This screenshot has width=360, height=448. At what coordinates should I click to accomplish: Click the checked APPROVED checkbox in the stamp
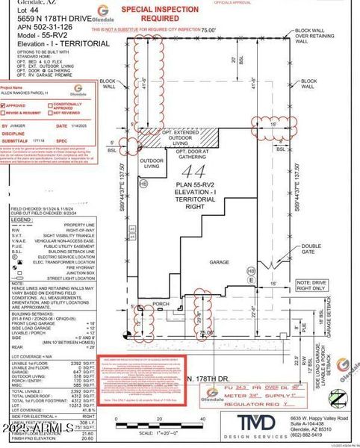pyautogui.click(x=4, y=106)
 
